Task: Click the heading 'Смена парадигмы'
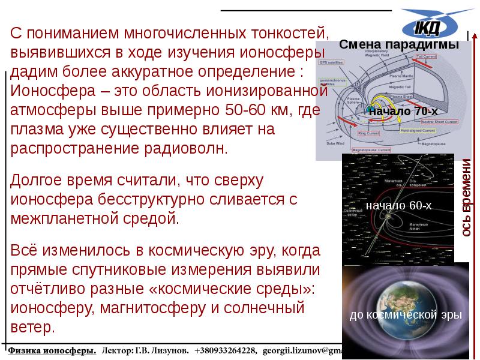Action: (399, 45)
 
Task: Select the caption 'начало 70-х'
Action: (399, 111)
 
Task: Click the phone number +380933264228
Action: (221, 350)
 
